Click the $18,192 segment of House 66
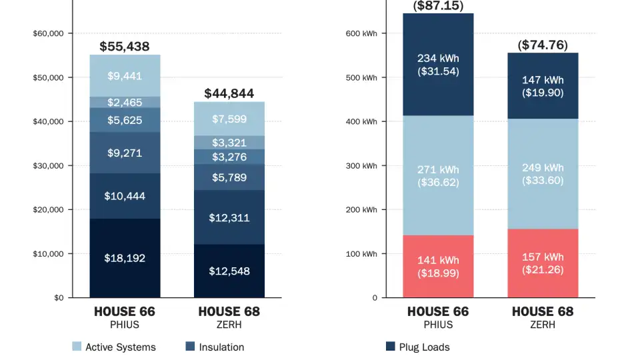click(x=125, y=258)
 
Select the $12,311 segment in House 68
click(x=229, y=217)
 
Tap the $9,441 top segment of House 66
click(x=125, y=76)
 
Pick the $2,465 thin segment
click(x=125, y=102)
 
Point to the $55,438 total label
click(x=125, y=47)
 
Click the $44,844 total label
click(x=229, y=93)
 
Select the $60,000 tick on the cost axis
click(x=48, y=33)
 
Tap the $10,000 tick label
click(x=48, y=254)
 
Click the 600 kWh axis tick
click(x=362, y=33)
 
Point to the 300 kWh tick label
click(x=362, y=165)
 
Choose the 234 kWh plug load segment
click(x=438, y=65)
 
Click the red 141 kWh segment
click(x=438, y=266)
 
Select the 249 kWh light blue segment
click(x=542, y=174)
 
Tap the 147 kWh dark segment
click(x=542, y=87)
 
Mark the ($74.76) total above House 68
click(x=542, y=45)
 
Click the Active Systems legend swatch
click(x=77, y=347)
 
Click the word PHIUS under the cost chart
click(x=125, y=325)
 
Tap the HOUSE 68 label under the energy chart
click(x=542, y=312)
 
